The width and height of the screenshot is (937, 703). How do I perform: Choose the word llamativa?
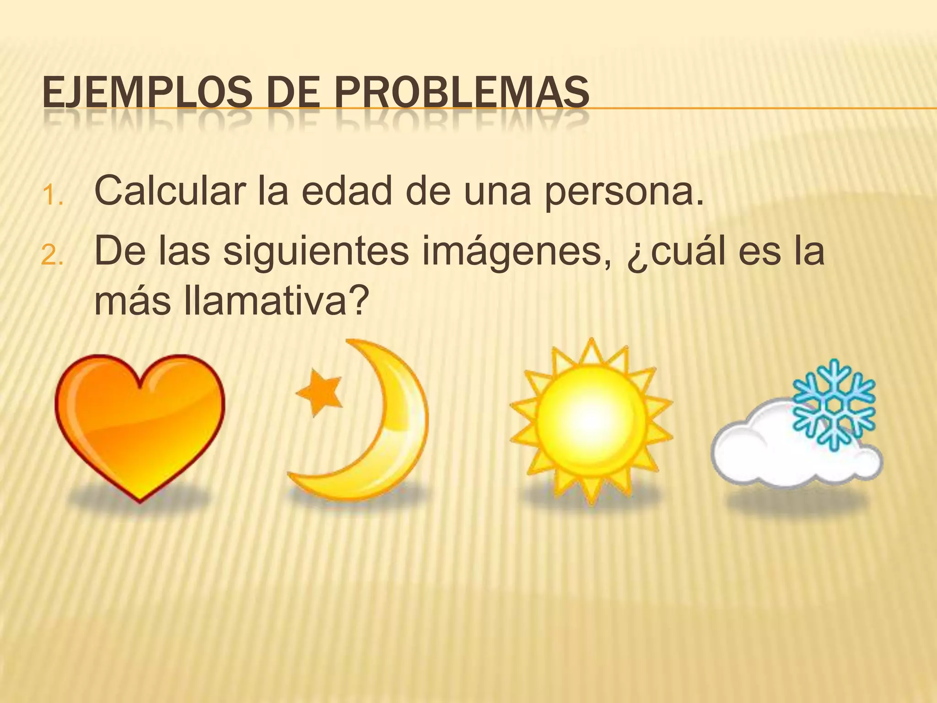point(275,302)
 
